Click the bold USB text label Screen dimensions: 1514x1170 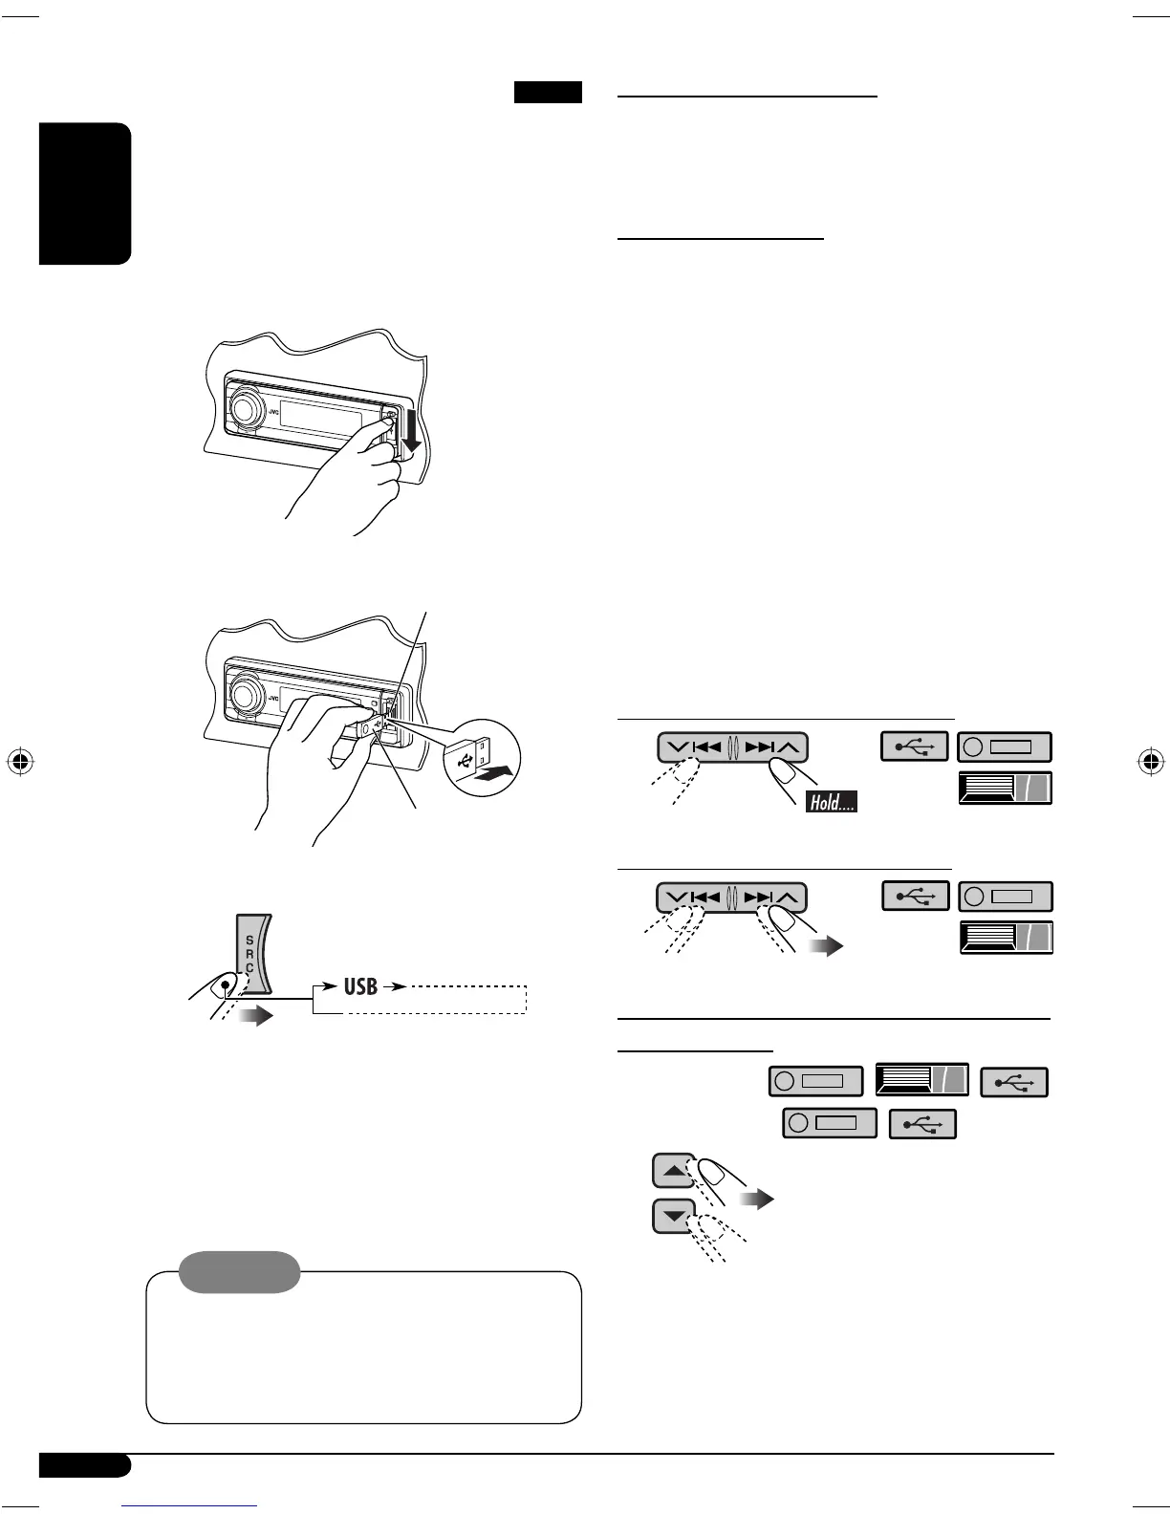360,985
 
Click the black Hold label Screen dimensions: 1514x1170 831,802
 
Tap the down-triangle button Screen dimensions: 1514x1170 674,1217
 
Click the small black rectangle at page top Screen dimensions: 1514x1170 548,93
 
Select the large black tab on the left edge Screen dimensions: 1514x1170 85,194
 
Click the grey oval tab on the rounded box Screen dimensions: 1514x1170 239,1272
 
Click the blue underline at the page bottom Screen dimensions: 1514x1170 190,1505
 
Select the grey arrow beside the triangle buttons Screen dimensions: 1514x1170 757,1199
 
